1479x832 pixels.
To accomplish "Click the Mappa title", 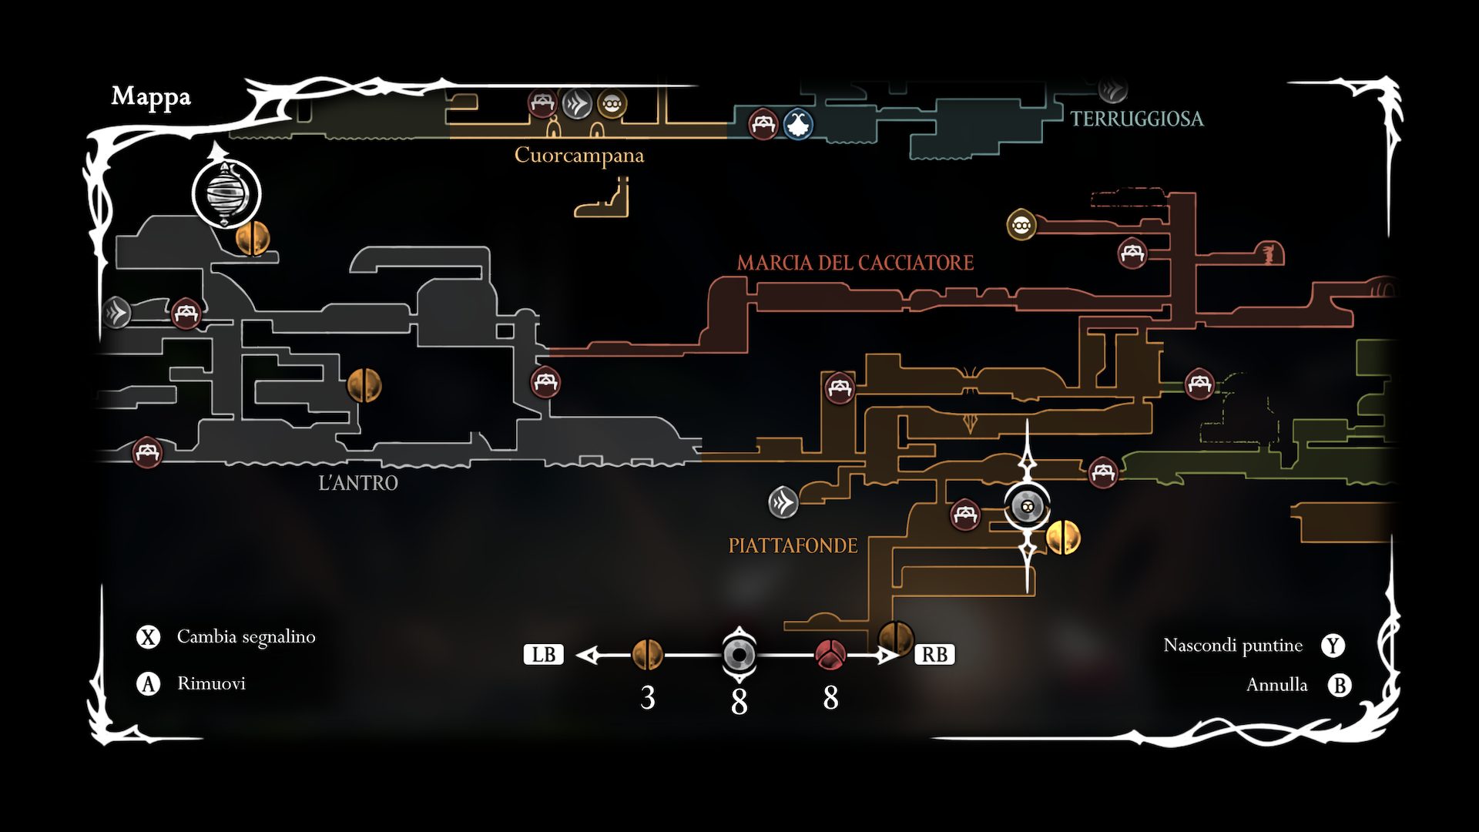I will click(x=151, y=97).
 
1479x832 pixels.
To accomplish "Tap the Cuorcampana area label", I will click(x=579, y=156).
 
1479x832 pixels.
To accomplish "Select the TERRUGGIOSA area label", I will click(x=1136, y=119).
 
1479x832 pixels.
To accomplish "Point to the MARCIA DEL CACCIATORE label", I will click(x=855, y=263).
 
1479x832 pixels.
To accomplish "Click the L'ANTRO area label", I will click(x=358, y=483).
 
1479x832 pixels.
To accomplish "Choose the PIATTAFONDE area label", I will click(x=793, y=545).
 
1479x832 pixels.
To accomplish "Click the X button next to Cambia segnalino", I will click(x=148, y=637).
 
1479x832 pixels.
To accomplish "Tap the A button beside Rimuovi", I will click(x=148, y=683).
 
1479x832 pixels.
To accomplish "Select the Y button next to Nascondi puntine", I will click(x=1333, y=646).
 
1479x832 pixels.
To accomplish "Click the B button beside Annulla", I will click(x=1340, y=685).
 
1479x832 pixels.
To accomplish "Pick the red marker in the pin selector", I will click(x=830, y=655).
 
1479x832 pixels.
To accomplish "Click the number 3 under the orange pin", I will click(x=647, y=698).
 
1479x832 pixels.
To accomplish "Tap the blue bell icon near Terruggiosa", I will click(x=798, y=124).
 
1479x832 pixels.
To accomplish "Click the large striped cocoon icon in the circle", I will click(x=226, y=194).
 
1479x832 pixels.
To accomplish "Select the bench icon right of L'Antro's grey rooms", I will click(x=545, y=381).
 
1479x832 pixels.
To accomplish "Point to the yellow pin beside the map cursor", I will click(x=1063, y=537).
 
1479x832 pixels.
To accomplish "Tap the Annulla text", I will click(x=1276, y=685).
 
